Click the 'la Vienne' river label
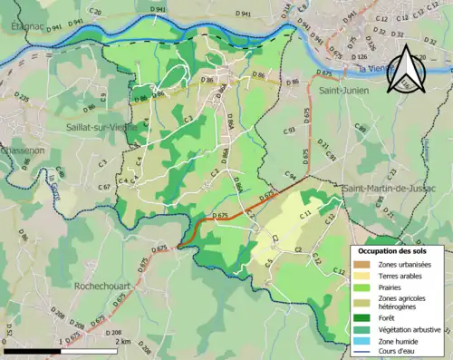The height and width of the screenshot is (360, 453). coord(371,70)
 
